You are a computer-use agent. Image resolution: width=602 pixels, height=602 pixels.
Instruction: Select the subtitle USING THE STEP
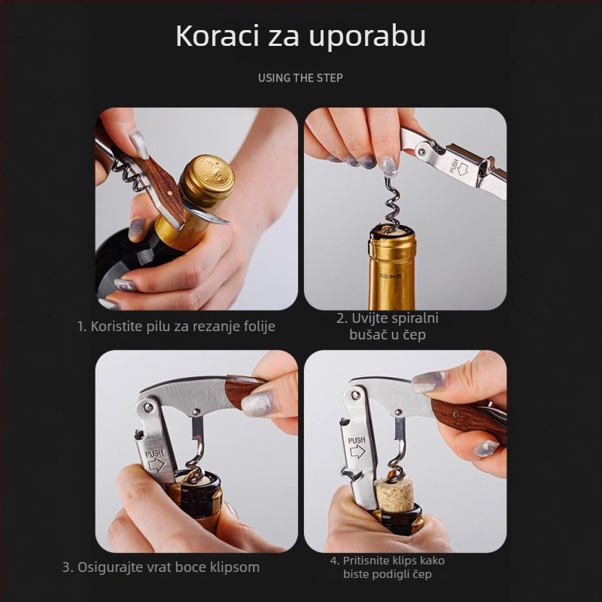tap(300, 78)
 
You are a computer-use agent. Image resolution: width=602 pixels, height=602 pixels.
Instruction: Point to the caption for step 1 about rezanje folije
tap(177, 326)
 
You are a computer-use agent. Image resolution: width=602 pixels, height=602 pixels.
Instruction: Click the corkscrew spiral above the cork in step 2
tap(391, 202)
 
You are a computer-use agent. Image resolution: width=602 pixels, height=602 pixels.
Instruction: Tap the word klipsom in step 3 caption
tap(234, 567)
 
